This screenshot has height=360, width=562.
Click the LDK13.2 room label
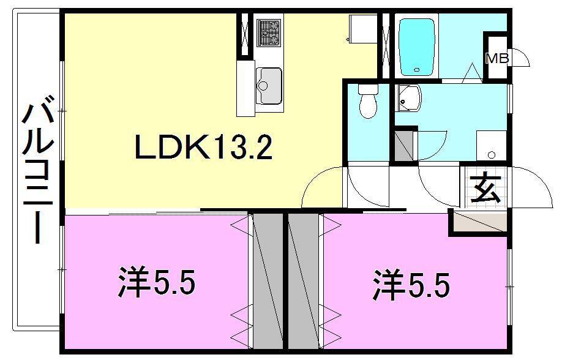pos(203,148)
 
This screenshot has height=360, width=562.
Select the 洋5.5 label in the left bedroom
pos(155,283)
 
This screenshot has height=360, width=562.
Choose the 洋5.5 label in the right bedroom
pos(411,285)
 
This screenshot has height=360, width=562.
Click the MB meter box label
pos(496,59)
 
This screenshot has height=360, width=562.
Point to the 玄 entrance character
pos(485,189)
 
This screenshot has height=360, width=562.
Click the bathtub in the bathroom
pos(418,45)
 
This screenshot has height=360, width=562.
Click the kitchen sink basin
pos(269,85)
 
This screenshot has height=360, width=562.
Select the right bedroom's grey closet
pos(303,281)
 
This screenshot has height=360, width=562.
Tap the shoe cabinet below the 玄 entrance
pos(480,222)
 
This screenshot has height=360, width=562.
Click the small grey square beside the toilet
pos(403,146)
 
